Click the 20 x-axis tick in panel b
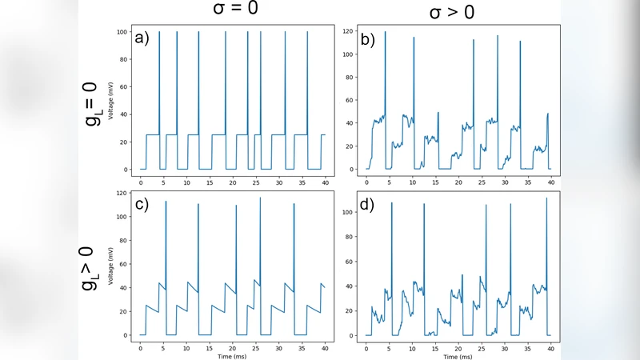tap(458, 182)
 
